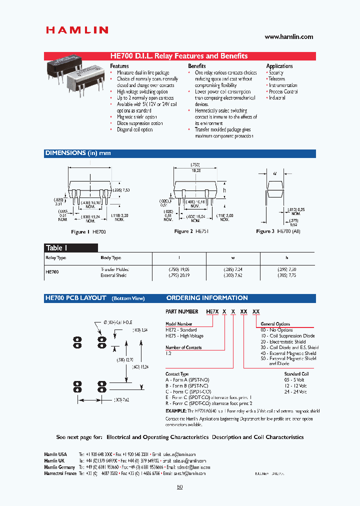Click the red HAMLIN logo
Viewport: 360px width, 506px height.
point(77,30)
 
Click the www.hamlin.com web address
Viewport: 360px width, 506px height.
point(288,36)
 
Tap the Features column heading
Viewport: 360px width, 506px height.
point(119,66)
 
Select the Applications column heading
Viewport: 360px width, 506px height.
point(279,66)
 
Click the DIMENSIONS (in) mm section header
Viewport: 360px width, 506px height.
point(78,153)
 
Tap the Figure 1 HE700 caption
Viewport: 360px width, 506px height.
point(88,232)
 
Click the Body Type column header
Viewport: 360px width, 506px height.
point(110,258)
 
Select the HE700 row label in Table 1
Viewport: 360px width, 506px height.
point(52,272)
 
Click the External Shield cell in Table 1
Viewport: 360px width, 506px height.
point(114,275)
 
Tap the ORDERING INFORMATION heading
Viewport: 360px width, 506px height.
point(207,298)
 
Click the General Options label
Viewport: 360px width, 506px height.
point(275,324)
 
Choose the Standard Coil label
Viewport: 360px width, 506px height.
point(296,373)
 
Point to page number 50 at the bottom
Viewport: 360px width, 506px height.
point(180,487)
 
